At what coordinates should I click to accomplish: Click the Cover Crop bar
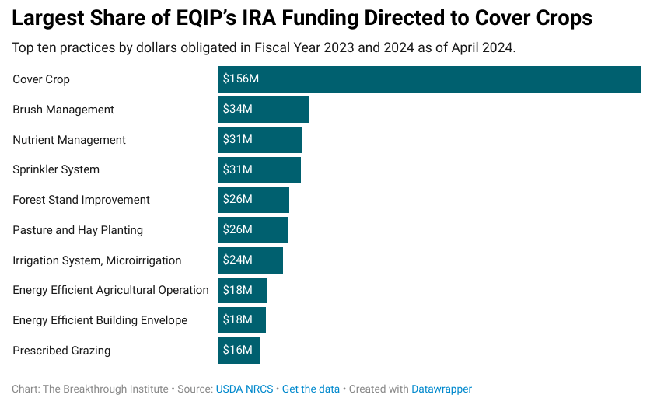click(x=429, y=79)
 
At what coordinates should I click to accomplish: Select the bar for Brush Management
click(x=263, y=110)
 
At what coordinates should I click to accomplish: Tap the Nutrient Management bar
click(x=260, y=140)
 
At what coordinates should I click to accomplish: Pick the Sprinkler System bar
click(x=260, y=169)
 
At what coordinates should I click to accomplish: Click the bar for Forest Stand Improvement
click(x=253, y=200)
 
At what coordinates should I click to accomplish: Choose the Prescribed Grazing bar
click(x=239, y=351)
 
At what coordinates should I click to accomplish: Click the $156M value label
click(x=241, y=79)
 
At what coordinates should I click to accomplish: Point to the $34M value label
click(x=238, y=109)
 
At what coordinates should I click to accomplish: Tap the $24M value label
click(x=238, y=260)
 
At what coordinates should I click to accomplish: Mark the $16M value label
click(x=238, y=350)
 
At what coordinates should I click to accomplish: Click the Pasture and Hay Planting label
click(x=78, y=230)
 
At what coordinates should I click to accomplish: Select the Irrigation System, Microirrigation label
click(x=96, y=260)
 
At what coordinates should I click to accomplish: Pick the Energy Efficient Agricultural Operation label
click(x=110, y=290)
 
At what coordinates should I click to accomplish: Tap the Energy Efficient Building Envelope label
click(x=100, y=320)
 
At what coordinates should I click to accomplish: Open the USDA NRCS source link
click(x=244, y=389)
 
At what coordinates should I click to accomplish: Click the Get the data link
click(x=311, y=389)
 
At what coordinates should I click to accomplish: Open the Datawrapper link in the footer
click(x=442, y=389)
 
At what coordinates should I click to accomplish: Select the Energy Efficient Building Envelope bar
click(x=242, y=320)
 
